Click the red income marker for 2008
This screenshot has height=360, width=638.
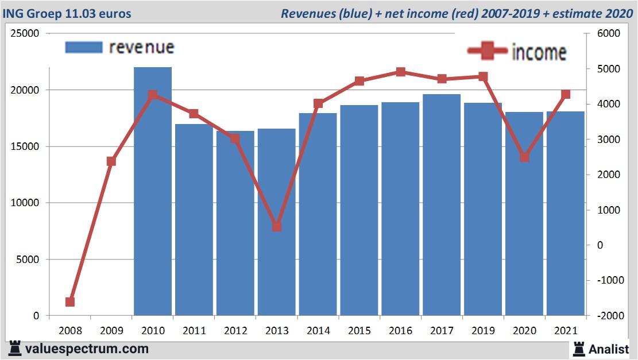click(70, 302)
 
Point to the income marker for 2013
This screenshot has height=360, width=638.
click(277, 227)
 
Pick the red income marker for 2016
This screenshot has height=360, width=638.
click(401, 72)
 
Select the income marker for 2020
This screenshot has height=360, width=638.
click(524, 157)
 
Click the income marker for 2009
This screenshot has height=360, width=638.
click(111, 161)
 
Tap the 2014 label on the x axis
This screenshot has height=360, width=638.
click(318, 331)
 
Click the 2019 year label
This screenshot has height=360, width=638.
click(483, 331)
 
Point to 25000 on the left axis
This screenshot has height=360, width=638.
click(25, 33)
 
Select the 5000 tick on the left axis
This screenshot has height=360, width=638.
click(28, 260)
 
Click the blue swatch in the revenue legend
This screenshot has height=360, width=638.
click(84, 47)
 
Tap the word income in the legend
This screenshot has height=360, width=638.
click(538, 52)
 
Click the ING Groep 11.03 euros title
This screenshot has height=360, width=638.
click(67, 13)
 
